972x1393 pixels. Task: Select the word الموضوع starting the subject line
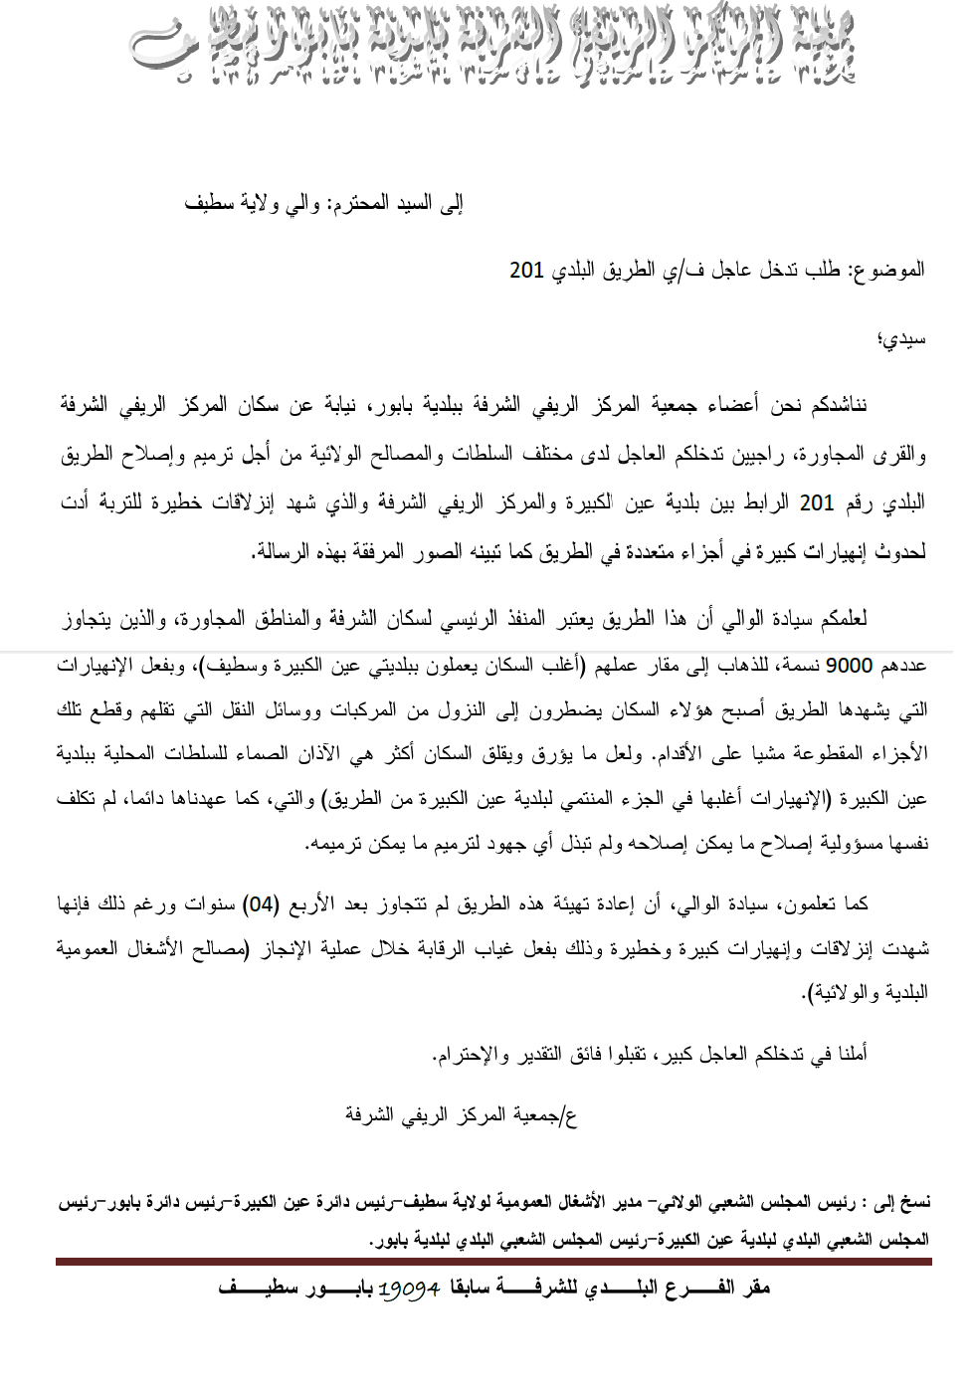[887, 270]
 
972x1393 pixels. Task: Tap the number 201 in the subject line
[526, 270]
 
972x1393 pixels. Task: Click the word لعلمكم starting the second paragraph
[840, 619]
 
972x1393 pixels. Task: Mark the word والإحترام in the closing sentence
[470, 1054]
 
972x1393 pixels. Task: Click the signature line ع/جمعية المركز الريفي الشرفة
[461, 1114]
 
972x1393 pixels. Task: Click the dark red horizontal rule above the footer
[492, 1262]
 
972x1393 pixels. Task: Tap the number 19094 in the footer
[410, 1289]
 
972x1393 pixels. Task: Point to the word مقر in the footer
[755, 1289]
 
